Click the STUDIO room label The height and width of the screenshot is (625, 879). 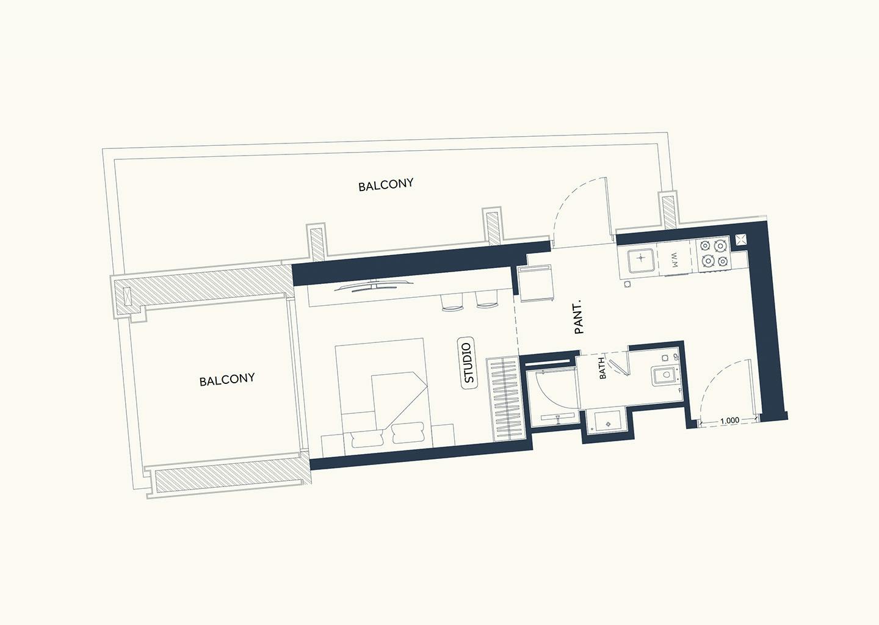[x=469, y=363]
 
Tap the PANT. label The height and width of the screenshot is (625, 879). [x=579, y=317]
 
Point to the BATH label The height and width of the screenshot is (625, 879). [x=602, y=368]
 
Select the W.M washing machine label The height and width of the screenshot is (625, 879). [x=675, y=260]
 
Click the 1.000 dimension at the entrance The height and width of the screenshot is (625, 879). [x=730, y=420]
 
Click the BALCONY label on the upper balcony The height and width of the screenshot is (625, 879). [x=386, y=185]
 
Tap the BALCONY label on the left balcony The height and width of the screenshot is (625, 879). [x=227, y=380]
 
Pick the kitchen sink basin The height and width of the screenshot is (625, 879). [x=640, y=259]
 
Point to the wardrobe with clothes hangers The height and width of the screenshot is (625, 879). [x=506, y=399]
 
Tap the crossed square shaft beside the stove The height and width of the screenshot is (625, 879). [x=741, y=240]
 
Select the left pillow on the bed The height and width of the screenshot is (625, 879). [x=367, y=438]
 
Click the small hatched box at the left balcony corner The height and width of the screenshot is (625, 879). [x=126, y=297]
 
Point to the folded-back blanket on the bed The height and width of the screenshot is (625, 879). [x=398, y=400]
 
